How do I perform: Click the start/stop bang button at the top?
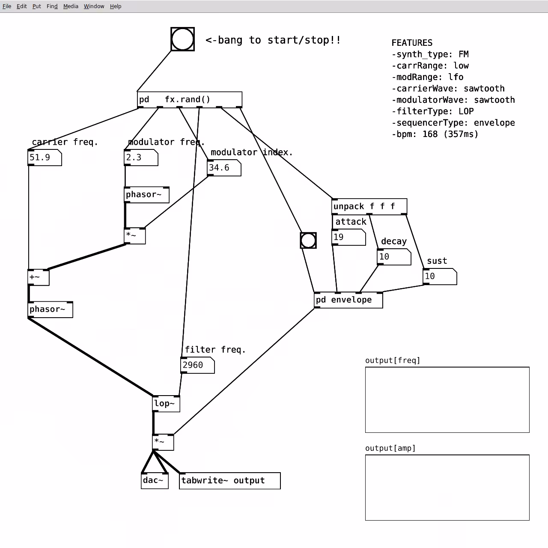(x=182, y=39)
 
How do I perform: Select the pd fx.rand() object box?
(x=189, y=99)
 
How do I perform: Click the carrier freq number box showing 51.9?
(x=45, y=158)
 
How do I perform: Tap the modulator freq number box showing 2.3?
(x=141, y=158)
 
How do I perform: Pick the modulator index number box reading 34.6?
(x=224, y=168)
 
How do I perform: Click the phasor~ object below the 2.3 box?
(x=147, y=195)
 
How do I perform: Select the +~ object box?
(x=39, y=277)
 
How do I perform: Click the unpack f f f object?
(x=369, y=206)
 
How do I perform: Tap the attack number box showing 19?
(x=348, y=237)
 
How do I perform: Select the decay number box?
(x=394, y=257)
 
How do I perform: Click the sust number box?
(x=440, y=277)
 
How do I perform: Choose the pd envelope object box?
(x=348, y=300)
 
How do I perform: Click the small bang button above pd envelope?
(x=308, y=241)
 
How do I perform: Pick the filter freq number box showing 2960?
(x=198, y=366)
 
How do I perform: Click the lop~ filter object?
(x=166, y=404)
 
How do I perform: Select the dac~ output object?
(x=155, y=481)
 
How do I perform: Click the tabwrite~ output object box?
(x=230, y=481)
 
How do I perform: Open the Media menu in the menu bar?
(x=71, y=6)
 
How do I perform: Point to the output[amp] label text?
(x=390, y=448)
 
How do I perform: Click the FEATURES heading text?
(x=412, y=43)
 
